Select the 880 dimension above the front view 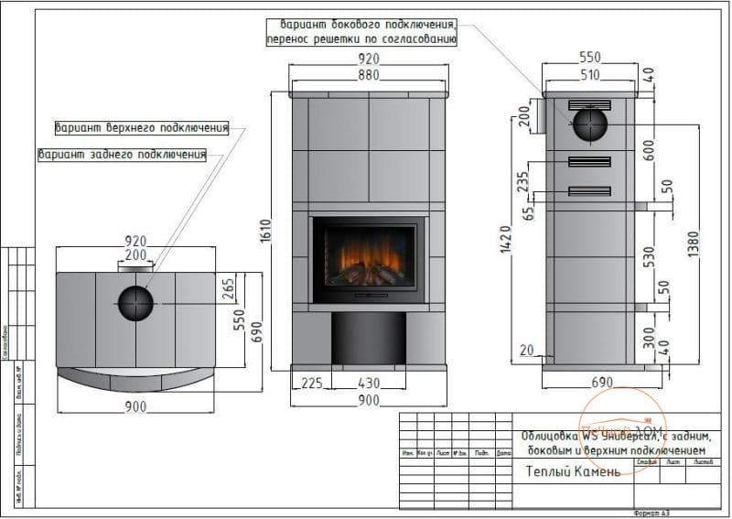[x=369, y=75]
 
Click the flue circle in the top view [x=135, y=303]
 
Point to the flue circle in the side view [x=589, y=124]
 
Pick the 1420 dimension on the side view [x=506, y=239]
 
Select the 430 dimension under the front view [x=368, y=383]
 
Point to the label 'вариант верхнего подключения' [x=141, y=127]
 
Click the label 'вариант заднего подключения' [x=122, y=154]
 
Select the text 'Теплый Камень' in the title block [x=574, y=471]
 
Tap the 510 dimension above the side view [x=590, y=75]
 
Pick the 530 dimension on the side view [x=649, y=255]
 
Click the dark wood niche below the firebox [x=368, y=338]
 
